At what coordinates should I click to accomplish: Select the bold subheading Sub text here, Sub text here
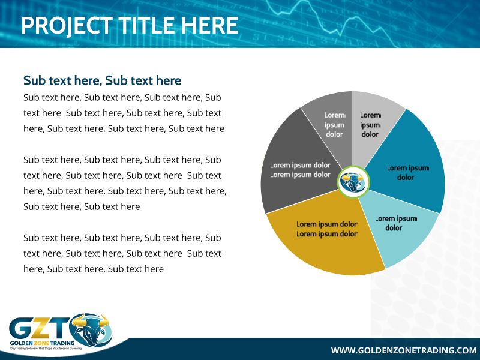coord(102,80)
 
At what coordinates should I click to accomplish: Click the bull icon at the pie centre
coord(353,182)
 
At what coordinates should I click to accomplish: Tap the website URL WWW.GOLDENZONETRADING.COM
coord(403,350)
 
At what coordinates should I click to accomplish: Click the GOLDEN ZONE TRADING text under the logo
coord(39,344)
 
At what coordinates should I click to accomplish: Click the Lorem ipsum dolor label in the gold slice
coord(327,229)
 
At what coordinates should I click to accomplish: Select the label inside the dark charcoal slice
coord(301,170)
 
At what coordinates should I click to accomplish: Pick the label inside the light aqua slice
coord(395,223)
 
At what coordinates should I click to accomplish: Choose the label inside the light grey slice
coord(370,125)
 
